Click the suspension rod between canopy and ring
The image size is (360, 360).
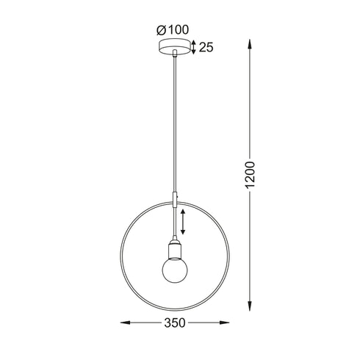point(174,125)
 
